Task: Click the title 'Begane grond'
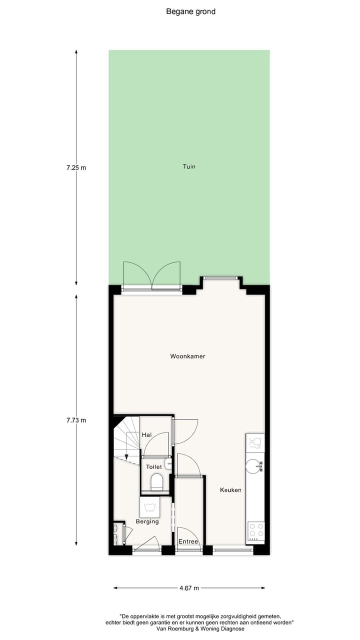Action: [x=190, y=11]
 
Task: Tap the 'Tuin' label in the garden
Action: [x=189, y=166]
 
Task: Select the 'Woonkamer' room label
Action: [x=187, y=356]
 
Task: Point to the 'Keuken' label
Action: [x=230, y=490]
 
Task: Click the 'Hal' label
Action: [x=146, y=435]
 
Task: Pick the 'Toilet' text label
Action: [x=153, y=466]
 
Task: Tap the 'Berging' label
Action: [x=147, y=521]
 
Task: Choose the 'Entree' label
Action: [x=188, y=541]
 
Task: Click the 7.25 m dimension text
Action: [x=76, y=168]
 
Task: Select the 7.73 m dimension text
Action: [x=76, y=420]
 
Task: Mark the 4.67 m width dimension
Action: [x=189, y=588]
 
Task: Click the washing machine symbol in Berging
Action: [x=150, y=508]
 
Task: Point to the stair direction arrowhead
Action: [x=127, y=456]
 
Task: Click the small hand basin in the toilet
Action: [x=169, y=465]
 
